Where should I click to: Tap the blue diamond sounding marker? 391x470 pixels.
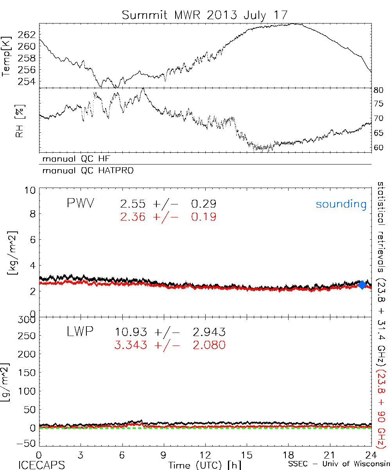(362, 285)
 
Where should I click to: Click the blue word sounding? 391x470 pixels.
(341, 204)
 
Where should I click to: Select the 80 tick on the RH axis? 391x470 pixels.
(378, 90)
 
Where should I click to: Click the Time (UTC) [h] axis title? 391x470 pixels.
(200, 465)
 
